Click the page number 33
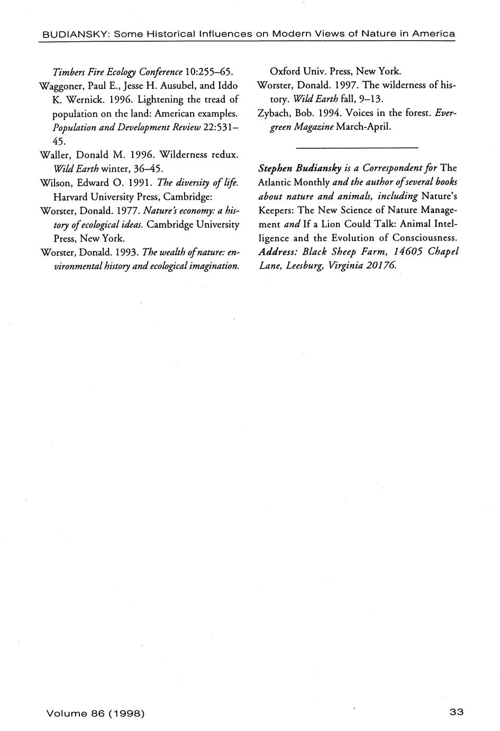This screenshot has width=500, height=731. pos(456,712)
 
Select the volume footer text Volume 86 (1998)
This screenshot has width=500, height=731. pos(96,713)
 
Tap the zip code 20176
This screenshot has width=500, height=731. pos(379,265)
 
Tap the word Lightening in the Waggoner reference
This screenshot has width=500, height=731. pos(161,99)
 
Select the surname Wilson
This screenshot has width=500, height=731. pos(54,183)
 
